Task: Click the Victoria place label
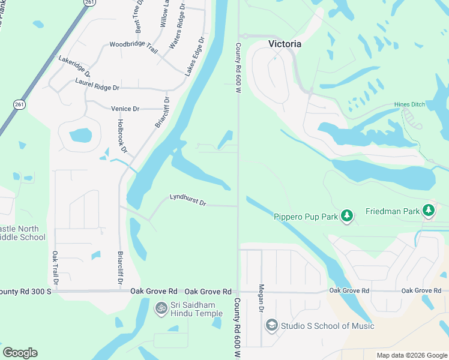pyautogui.click(x=285, y=44)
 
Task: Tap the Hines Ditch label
pyautogui.click(x=409, y=104)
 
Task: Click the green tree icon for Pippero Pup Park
pyautogui.click(x=346, y=215)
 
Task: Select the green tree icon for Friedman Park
pyautogui.click(x=428, y=210)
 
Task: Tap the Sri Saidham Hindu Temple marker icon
pyautogui.click(x=161, y=308)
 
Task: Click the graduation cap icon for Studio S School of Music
pyautogui.click(x=271, y=325)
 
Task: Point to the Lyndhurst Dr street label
pyautogui.click(x=188, y=200)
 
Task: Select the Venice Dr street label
pyautogui.click(x=125, y=109)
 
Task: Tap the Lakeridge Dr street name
pyautogui.click(x=74, y=65)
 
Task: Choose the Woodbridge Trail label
pyautogui.click(x=133, y=47)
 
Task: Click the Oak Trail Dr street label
pyautogui.click(x=55, y=268)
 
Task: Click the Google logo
pyautogui.click(x=20, y=353)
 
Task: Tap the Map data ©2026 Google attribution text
pyautogui.click(x=411, y=355)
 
